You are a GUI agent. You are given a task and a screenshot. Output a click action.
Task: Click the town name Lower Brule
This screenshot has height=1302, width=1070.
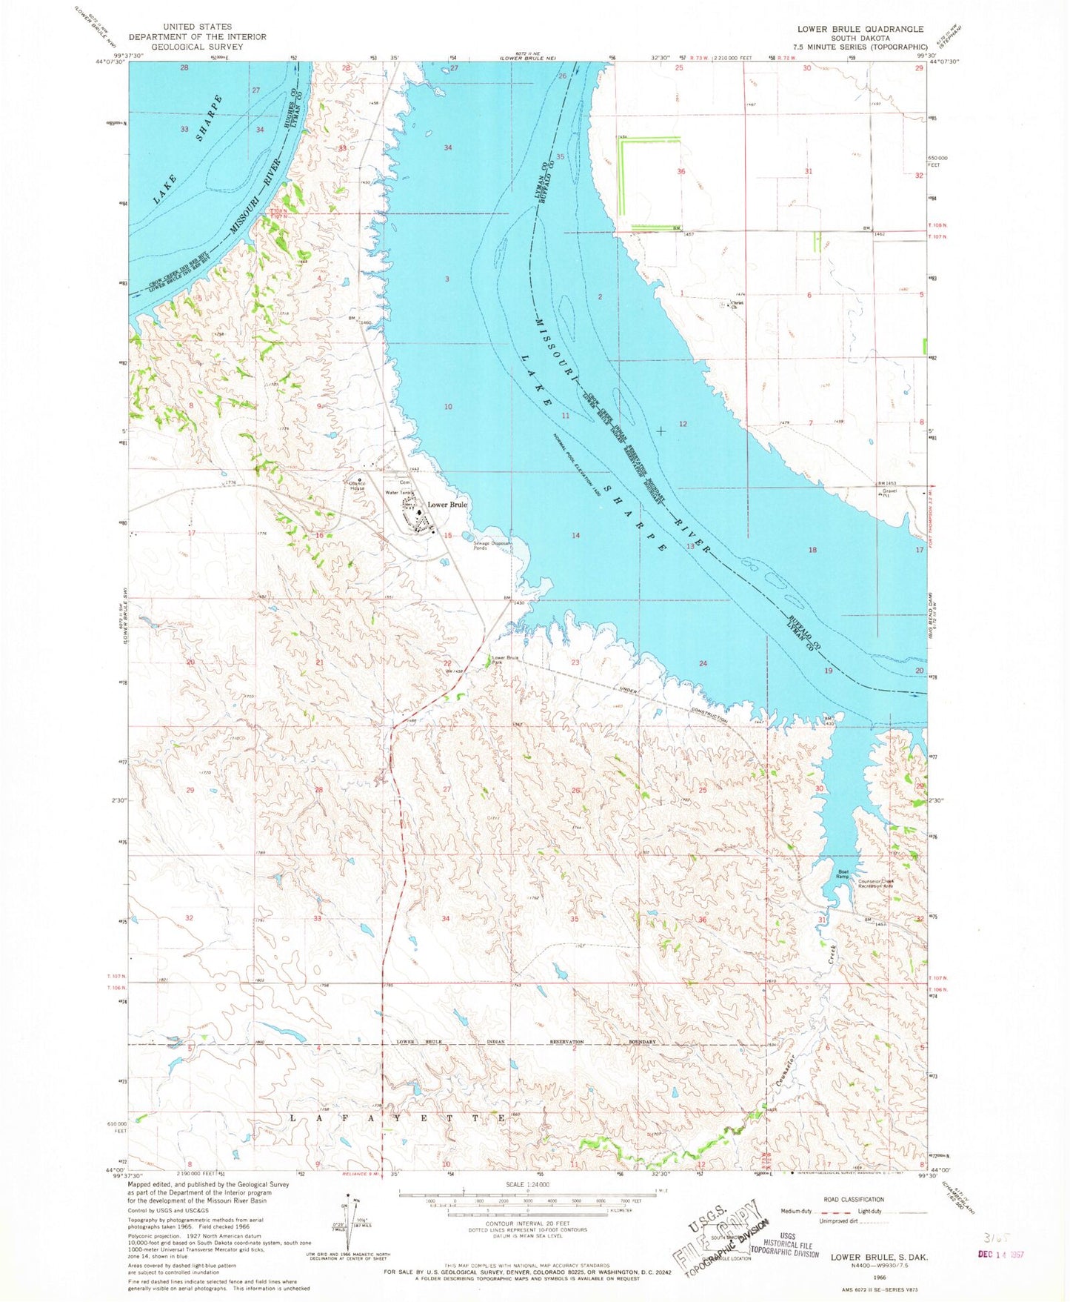447,505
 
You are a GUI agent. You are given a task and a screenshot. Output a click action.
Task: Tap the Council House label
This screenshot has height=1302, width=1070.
358,486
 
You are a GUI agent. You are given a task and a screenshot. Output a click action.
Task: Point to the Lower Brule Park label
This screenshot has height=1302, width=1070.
506,660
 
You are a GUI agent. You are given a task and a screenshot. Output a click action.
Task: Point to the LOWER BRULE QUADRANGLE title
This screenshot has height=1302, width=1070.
860,29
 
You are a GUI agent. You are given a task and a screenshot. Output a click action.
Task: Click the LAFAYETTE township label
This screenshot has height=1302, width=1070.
396,1117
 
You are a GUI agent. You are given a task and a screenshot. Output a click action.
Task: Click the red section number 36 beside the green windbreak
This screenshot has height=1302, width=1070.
681,171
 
